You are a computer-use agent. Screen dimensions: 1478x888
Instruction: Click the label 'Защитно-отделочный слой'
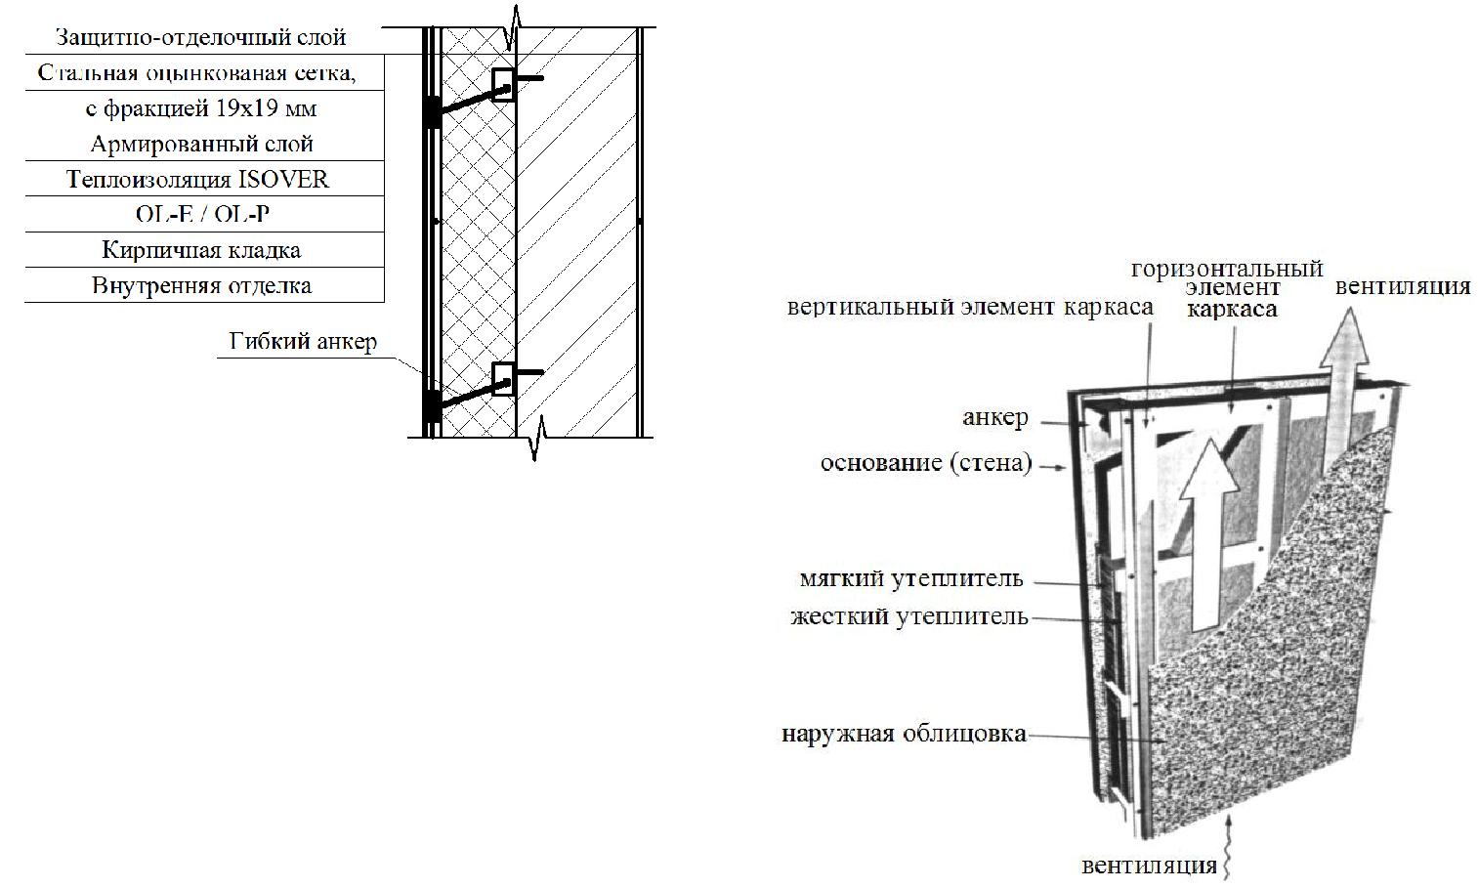click(x=201, y=37)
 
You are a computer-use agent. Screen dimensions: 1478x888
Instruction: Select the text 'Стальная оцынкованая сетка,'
click(x=196, y=72)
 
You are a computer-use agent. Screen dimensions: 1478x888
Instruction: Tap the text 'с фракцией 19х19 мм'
click(x=201, y=108)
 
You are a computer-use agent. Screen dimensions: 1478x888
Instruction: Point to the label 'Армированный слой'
click(x=201, y=144)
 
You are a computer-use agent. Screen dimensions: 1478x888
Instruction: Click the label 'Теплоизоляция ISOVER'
click(x=198, y=180)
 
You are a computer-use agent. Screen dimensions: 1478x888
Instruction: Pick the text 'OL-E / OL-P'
click(x=202, y=214)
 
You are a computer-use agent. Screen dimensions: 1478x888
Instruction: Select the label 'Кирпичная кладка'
click(x=201, y=250)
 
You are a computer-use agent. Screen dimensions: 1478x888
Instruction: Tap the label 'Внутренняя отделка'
click(x=201, y=285)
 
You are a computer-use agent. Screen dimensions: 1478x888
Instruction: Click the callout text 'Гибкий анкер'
click(x=303, y=341)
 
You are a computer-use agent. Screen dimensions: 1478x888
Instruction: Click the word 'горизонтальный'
click(x=1227, y=270)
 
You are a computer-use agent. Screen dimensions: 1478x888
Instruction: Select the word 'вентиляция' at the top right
click(x=1403, y=287)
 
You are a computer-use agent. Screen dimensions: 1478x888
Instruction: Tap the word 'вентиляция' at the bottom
click(x=1150, y=866)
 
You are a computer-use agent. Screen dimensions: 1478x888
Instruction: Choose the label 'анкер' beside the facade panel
click(x=995, y=417)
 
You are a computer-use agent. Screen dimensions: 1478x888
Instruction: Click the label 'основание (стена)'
click(x=926, y=463)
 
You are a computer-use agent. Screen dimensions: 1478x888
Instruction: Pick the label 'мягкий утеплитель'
click(x=911, y=578)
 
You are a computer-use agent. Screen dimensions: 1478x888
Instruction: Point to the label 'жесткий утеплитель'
click(x=909, y=616)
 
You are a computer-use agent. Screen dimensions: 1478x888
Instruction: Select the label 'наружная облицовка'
click(x=904, y=734)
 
